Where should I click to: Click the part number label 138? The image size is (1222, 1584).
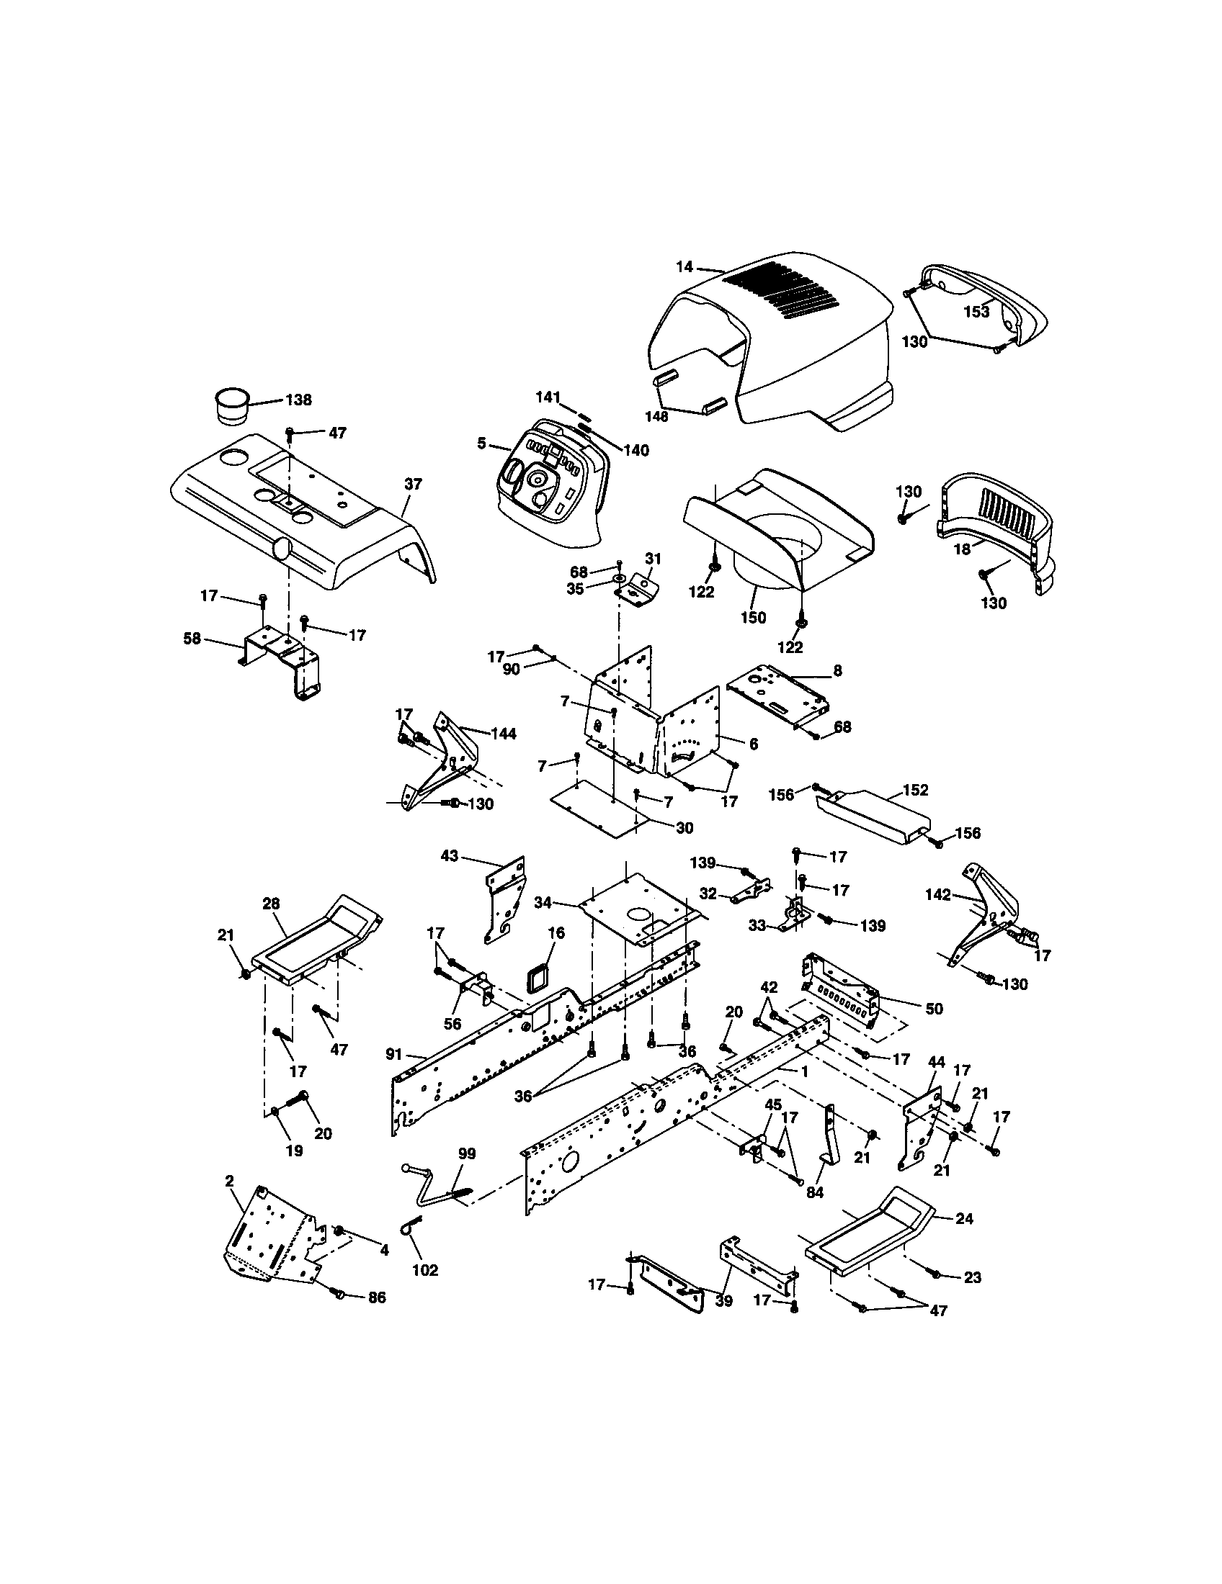point(299,400)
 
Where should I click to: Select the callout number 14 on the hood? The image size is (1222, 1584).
point(684,267)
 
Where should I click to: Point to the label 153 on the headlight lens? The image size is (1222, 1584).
point(976,312)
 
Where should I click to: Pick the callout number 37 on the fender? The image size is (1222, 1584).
point(413,484)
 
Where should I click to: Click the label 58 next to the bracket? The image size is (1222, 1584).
point(192,639)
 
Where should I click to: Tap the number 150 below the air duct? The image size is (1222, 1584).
point(753,617)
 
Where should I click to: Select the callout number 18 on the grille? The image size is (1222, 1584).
point(961,549)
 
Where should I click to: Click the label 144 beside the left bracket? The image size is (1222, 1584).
point(503,734)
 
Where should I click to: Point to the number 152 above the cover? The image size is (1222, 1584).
point(915,790)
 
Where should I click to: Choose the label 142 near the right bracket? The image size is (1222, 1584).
point(937,895)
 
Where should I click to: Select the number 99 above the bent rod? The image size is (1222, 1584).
point(467,1153)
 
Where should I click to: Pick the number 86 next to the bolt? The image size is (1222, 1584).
point(377,1297)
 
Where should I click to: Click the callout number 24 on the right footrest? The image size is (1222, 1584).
point(963,1219)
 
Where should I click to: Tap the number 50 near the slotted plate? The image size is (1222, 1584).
point(934,1009)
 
